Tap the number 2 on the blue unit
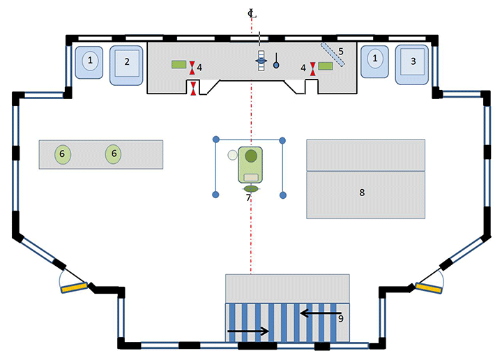127,61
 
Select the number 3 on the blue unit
413,61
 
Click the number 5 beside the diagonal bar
341,51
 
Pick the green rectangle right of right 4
325,66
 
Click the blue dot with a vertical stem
275,65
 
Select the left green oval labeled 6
61,153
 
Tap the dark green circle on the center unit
250,155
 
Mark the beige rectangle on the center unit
250,177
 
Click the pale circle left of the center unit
231,156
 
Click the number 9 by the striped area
340,318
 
